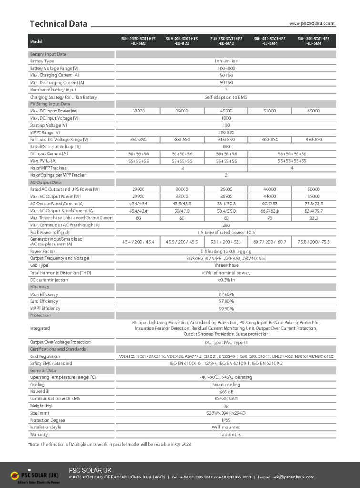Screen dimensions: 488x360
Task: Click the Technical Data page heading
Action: pyautogui.click(x=59, y=24)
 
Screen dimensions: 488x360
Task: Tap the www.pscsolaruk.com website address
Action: pyautogui.click(x=312, y=23)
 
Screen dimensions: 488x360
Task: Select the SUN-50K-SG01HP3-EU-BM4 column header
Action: pyautogui.click(x=313, y=41)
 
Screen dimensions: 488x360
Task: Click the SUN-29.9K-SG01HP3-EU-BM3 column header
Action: pyautogui.click(x=138, y=41)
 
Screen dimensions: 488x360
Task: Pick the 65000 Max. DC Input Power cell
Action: pyautogui.click(x=313, y=111)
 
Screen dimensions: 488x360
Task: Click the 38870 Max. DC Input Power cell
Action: pyautogui.click(x=138, y=111)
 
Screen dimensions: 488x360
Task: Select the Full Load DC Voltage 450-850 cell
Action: pyautogui.click(x=313, y=140)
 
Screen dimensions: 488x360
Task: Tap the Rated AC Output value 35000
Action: pyautogui.click(x=226, y=189)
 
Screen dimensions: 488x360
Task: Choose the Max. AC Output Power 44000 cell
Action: pyautogui.click(x=269, y=196)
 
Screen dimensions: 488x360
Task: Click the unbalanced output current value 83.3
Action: pyautogui.click(x=313, y=218)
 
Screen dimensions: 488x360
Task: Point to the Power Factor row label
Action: pyautogui.click(x=42, y=251)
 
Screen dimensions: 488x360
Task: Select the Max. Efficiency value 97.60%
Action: pyautogui.click(x=226, y=294)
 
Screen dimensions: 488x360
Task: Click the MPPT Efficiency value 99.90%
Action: pyautogui.click(x=226, y=308)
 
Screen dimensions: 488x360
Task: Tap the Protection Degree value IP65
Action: pyautogui.click(x=226, y=420)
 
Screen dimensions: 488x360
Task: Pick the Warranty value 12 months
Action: pyautogui.click(x=226, y=435)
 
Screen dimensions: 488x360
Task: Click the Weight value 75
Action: pyautogui.click(x=226, y=406)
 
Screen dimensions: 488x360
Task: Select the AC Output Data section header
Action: pyautogui.click(x=46, y=182)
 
